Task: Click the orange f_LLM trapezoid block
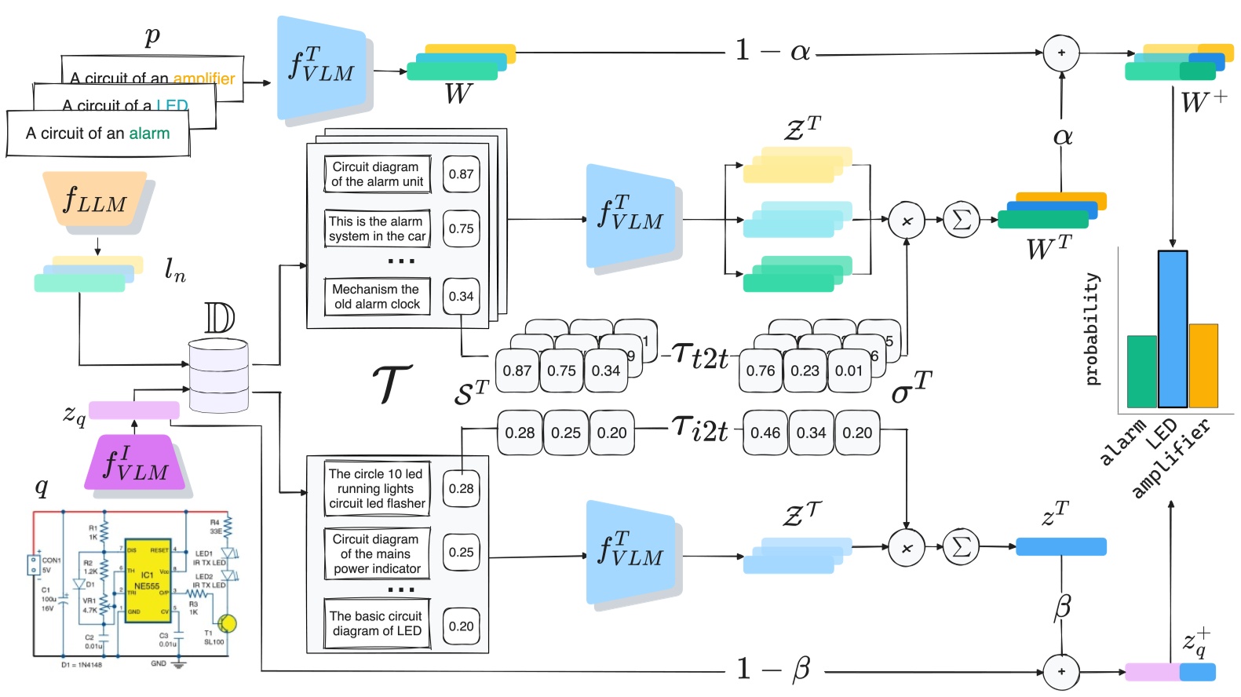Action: tap(95, 199)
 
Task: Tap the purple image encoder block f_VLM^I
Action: tap(135, 462)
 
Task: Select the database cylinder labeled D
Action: tap(219, 376)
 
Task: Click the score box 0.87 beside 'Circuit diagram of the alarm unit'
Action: tap(461, 174)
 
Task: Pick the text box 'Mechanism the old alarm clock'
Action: tap(378, 297)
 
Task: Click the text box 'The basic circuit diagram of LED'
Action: tap(378, 624)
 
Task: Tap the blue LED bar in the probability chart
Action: tap(1172, 329)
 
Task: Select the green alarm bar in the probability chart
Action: tap(1142, 371)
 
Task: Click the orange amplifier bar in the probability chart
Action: tap(1203, 365)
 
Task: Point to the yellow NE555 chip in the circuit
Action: tap(148, 581)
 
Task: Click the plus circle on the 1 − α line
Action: tap(1061, 53)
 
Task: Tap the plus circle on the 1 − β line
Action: tap(1061, 672)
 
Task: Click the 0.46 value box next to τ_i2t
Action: tap(765, 432)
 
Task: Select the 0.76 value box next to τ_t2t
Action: tap(761, 370)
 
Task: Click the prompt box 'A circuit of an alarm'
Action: tap(98, 133)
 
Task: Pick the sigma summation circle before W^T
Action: tap(961, 221)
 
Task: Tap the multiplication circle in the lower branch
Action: tap(907, 548)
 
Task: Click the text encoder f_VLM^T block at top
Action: tap(322, 68)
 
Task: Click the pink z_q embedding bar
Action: tap(133, 410)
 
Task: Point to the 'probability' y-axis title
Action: tap(1092, 329)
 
